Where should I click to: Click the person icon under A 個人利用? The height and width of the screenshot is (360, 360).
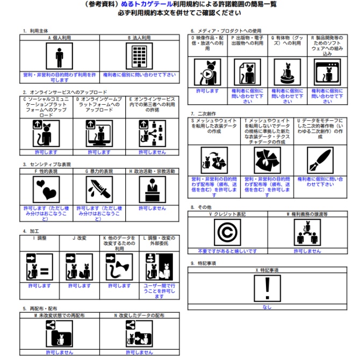click(x=56, y=56)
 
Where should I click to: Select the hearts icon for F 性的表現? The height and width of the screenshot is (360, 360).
click(x=46, y=189)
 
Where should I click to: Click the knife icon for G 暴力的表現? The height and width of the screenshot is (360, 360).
click(x=99, y=189)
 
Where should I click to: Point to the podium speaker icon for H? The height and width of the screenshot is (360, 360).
click(x=152, y=189)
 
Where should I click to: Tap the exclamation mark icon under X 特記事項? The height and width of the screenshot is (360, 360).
click(x=268, y=288)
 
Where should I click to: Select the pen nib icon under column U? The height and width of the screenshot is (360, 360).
click(x=319, y=160)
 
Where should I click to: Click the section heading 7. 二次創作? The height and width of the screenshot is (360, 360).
click(x=203, y=114)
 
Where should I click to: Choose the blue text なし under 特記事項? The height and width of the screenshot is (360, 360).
click(x=268, y=307)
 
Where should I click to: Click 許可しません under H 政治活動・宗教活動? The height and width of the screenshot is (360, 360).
click(x=152, y=208)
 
